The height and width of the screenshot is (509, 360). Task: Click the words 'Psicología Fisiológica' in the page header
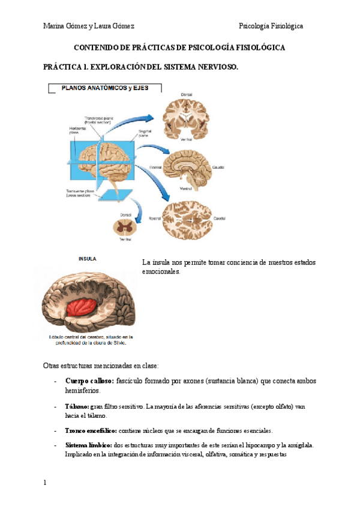(x=271, y=26)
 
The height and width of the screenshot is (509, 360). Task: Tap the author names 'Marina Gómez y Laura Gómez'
(x=89, y=26)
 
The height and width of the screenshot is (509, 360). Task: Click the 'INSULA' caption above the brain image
(x=88, y=259)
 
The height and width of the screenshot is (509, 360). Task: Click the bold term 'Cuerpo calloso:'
(x=90, y=381)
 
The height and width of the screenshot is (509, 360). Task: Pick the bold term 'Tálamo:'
(x=77, y=406)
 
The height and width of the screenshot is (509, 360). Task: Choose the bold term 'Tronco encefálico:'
(x=91, y=430)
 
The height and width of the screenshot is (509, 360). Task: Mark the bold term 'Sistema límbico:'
(x=88, y=445)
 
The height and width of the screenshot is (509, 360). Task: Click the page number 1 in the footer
(x=45, y=483)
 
